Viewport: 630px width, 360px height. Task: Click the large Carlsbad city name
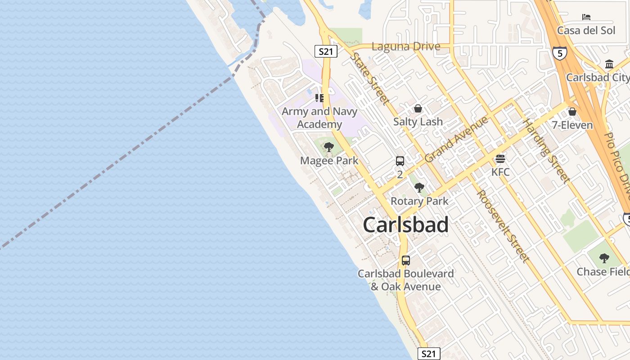coord(405,225)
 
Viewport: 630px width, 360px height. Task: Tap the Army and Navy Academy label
coord(319,118)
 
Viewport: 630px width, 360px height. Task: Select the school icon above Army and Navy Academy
coord(319,98)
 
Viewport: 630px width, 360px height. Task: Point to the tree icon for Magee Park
coord(329,147)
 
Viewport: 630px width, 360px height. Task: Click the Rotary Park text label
coord(419,201)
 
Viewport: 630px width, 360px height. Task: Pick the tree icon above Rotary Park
coord(419,187)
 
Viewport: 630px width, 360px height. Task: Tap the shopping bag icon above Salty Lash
coord(418,108)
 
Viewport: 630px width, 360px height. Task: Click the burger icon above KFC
coord(500,158)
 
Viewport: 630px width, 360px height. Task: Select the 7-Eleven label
coord(572,125)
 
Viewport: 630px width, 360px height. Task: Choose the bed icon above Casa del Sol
coord(586,17)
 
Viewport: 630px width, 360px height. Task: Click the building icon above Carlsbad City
coord(609,64)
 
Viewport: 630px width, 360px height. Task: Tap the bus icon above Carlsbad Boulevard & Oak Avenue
coord(406,260)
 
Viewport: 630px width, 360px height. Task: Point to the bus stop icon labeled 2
coord(400,161)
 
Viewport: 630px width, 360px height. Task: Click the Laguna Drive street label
coord(406,46)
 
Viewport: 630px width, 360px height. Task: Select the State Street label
coord(370,78)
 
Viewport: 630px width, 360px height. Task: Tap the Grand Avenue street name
coord(456,139)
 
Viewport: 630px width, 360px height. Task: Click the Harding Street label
coord(546,151)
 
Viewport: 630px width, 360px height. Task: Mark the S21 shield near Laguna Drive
coord(325,51)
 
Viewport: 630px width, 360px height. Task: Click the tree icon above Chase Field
coord(604,258)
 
